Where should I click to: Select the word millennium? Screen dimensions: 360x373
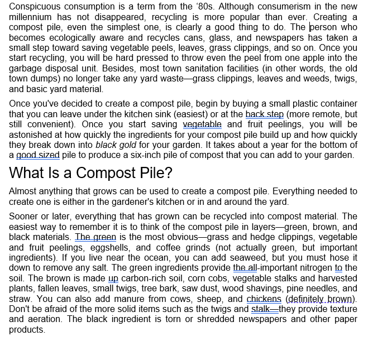33,17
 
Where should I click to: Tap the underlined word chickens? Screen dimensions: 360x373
264,299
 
